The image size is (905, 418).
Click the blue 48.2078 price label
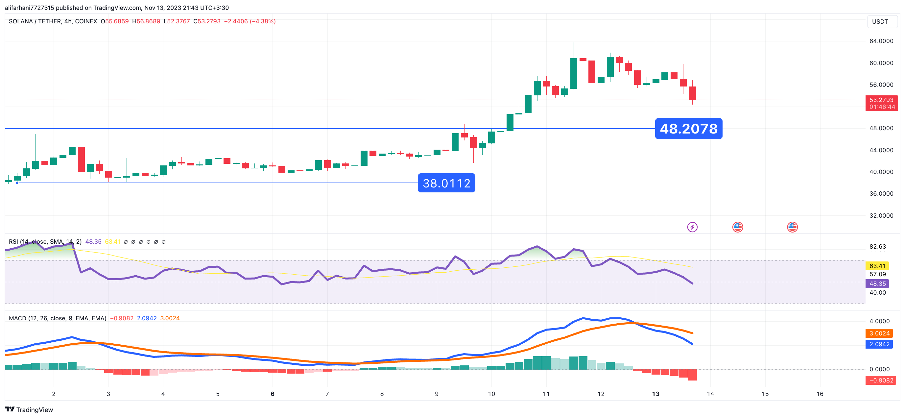pyautogui.click(x=689, y=129)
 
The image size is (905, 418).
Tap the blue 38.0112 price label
pyautogui.click(x=446, y=183)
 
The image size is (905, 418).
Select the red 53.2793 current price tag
pyautogui.click(x=881, y=103)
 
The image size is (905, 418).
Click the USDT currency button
pyautogui.click(x=880, y=21)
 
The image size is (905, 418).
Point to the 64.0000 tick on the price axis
pyautogui.click(x=881, y=41)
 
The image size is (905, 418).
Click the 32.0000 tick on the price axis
pyautogui.click(x=881, y=215)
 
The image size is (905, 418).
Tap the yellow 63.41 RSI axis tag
pyautogui.click(x=877, y=266)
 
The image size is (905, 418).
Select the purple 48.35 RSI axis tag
pyautogui.click(x=877, y=283)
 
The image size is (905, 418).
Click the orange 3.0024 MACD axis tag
pyautogui.click(x=879, y=333)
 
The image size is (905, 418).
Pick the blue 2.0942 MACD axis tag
pyautogui.click(x=879, y=344)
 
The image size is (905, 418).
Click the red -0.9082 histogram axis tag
pyautogui.click(x=881, y=380)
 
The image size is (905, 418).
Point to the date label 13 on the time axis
pyautogui.click(x=655, y=394)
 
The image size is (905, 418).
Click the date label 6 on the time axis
pyautogui.click(x=272, y=394)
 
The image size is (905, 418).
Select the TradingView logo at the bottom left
pyautogui.click(x=29, y=409)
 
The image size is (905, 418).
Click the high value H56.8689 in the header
pyautogui.click(x=146, y=21)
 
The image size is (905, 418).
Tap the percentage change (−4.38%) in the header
pyautogui.click(x=262, y=21)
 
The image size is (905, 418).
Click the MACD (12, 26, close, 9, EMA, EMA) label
pyautogui.click(x=57, y=318)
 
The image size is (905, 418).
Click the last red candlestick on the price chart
pyautogui.click(x=692, y=93)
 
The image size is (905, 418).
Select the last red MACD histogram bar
pyautogui.click(x=692, y=375)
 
